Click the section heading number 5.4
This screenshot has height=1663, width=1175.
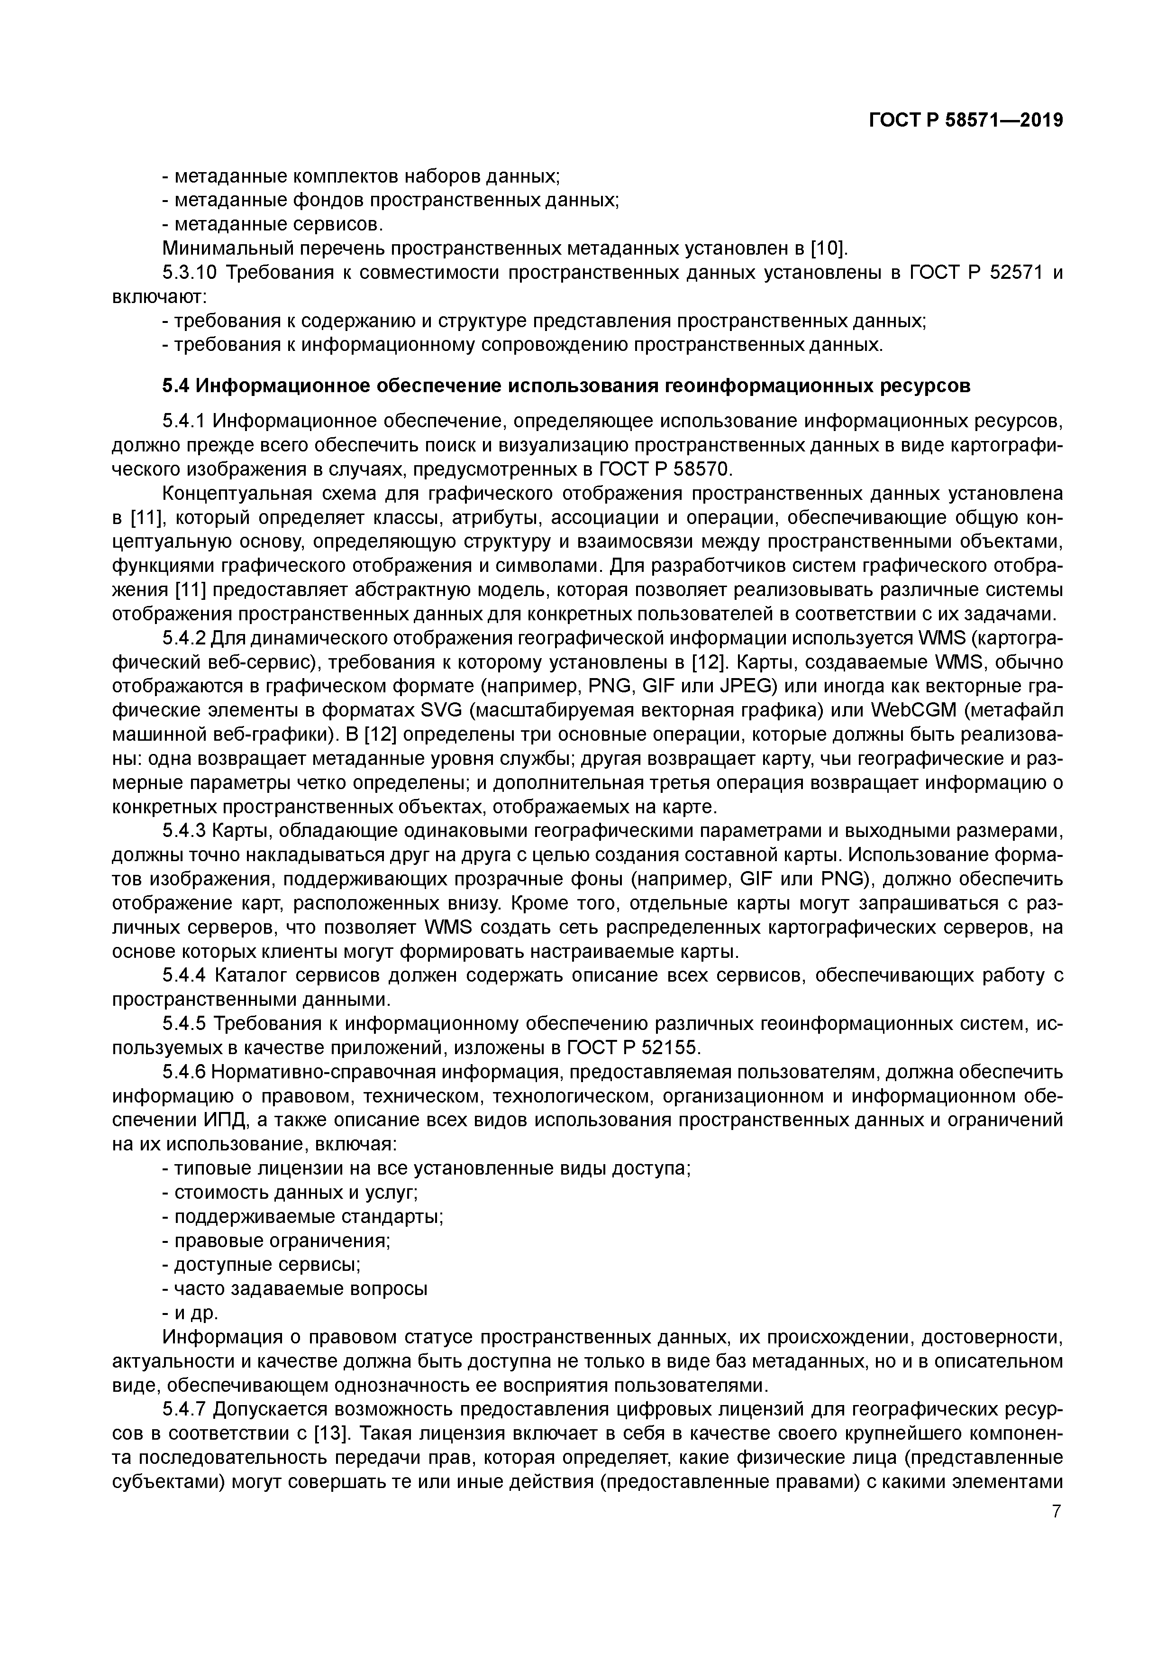pos(175,386)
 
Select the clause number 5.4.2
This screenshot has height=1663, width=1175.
pos(184,638)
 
